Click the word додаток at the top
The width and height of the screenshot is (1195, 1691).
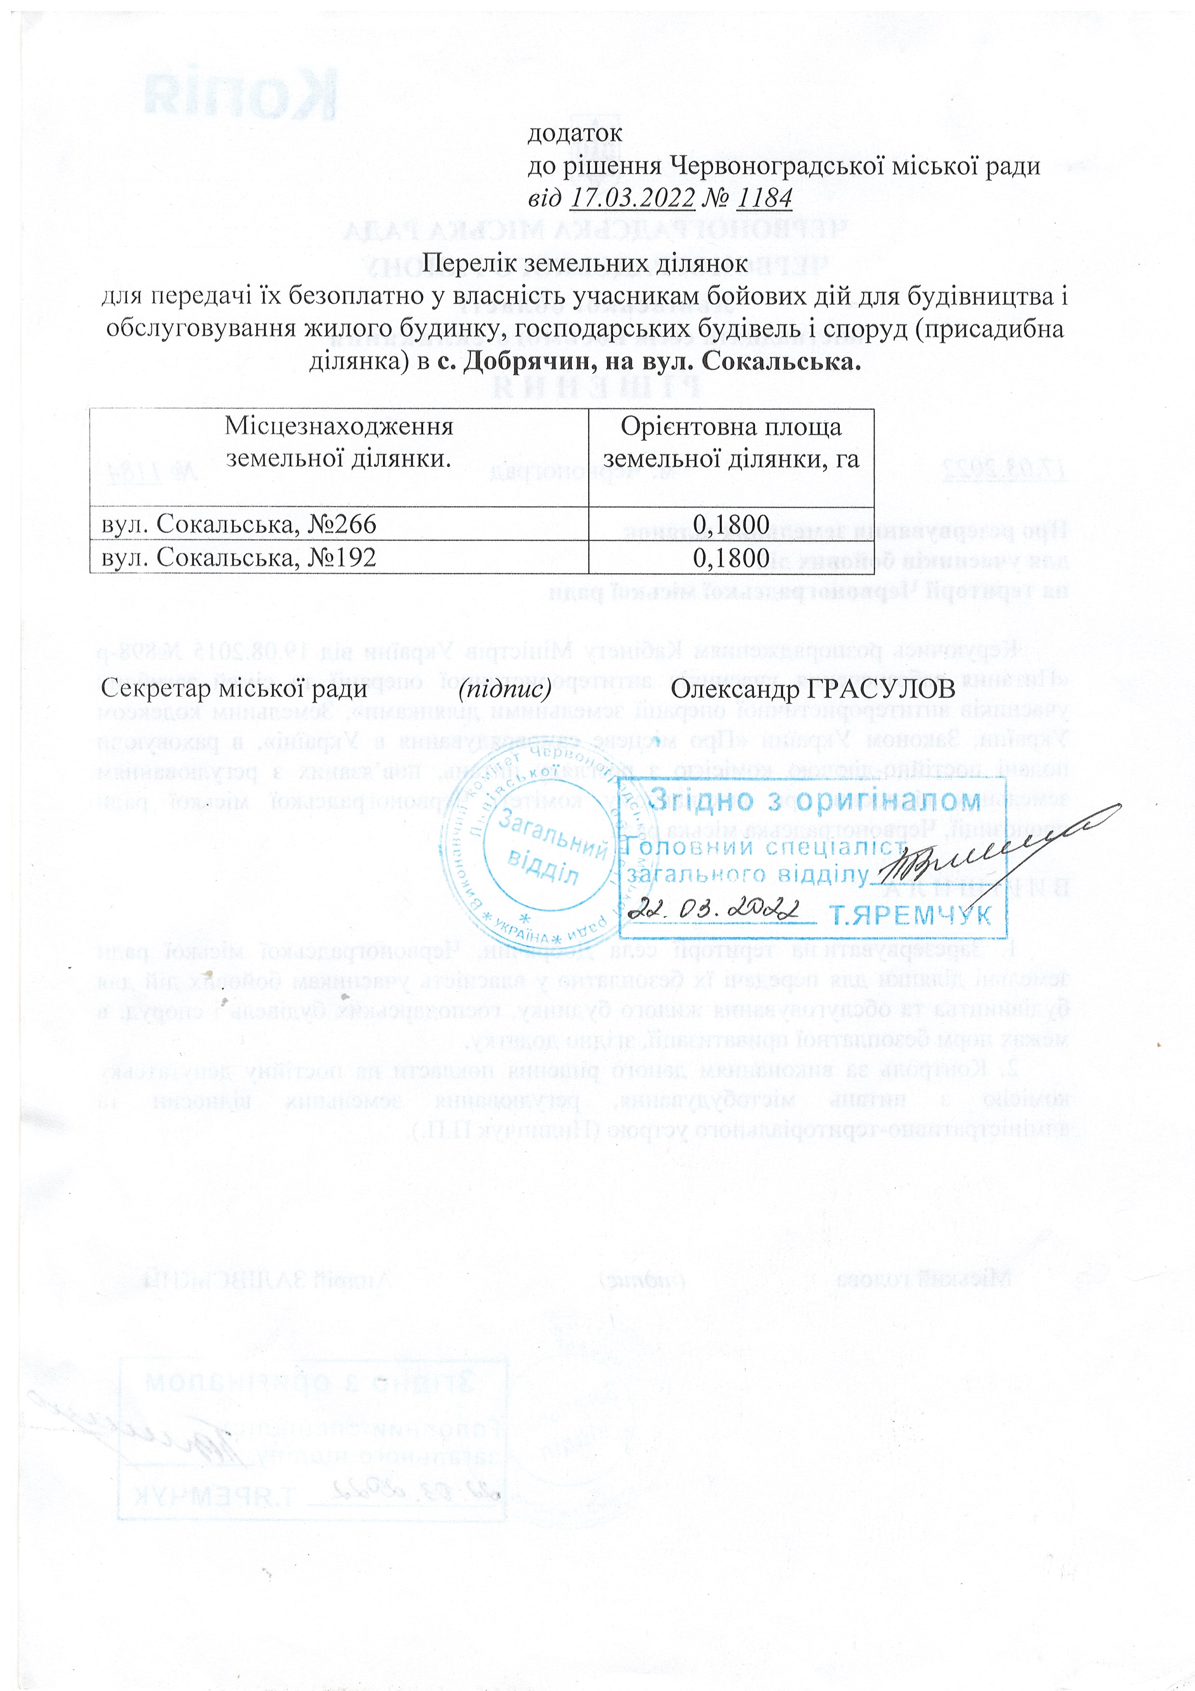pyautogui.click(x=575, y=134)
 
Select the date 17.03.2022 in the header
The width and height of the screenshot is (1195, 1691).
pyautogui.click(x=633, y=198)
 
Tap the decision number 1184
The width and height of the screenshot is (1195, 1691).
pyautogui.click(x=764, y=198)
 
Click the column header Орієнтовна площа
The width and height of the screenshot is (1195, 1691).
pyautogui.click(x=730, y=427)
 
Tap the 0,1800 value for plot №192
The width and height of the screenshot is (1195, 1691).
pyautogui.click(x=731, y=558)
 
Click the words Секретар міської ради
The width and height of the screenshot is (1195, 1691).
pyautogui.click(x=234, y=689)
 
